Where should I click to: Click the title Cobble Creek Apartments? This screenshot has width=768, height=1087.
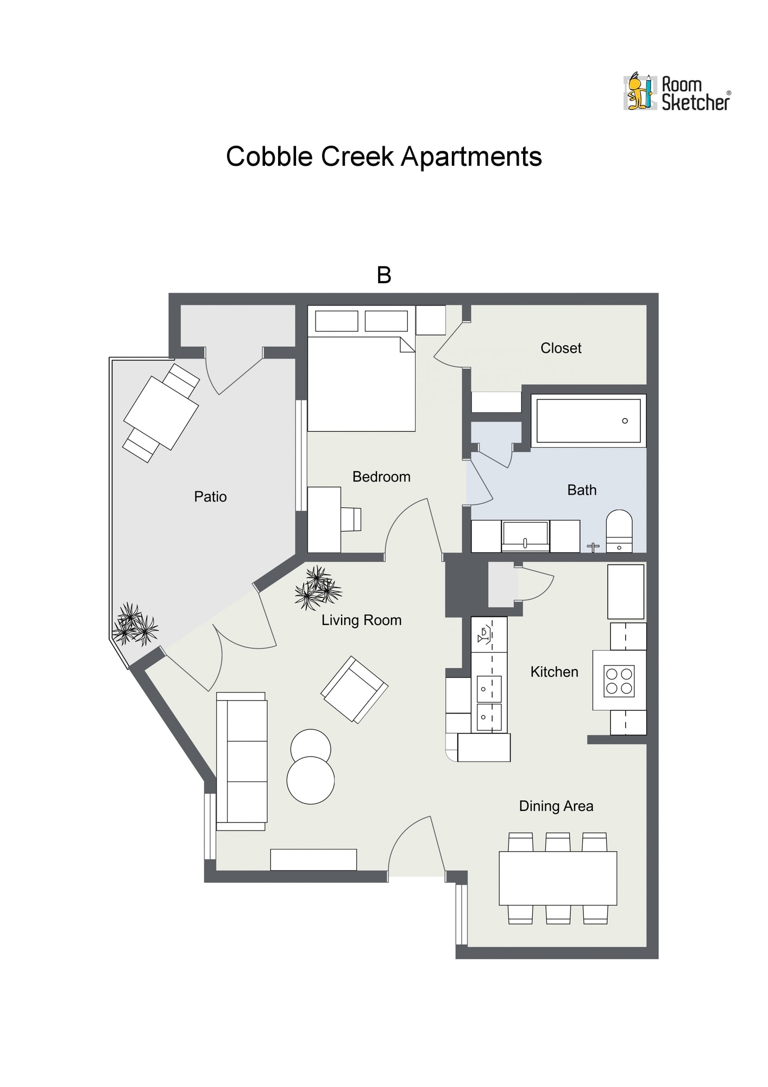pyautogui.click(x=383, y=157)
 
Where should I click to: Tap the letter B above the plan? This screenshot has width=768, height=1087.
pyautogui.click(x=384, y=276)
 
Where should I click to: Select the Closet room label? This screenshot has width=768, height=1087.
pyautogui.click(x=561, y=348)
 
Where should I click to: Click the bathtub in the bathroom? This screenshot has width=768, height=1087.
pyautogui.click(x=588, y=421)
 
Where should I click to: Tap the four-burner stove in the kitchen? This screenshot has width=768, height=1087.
pyautogui.click(x=619, y=681)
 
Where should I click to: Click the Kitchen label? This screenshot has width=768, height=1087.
pyautogui.click(x=554, y=672)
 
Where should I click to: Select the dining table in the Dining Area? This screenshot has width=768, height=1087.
pyautogui.click(x=558, y=878)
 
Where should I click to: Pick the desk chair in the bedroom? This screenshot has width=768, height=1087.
pyautogui.click(x=351, y=519)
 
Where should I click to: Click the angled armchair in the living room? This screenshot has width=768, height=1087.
pyautogui.click(x=354, y=689)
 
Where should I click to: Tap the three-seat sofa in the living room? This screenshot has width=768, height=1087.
pyautogui.click(x=242, y=761)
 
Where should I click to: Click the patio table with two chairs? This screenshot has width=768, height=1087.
pyautogui.click(x=161, y=413)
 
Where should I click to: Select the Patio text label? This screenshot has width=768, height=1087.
pyautogui.click(x=210, y=497)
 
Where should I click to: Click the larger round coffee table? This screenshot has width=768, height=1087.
pyautogui.click(x=311, y=780)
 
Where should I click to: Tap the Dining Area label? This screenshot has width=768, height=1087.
pyautogui.click(x=556, y=806)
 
